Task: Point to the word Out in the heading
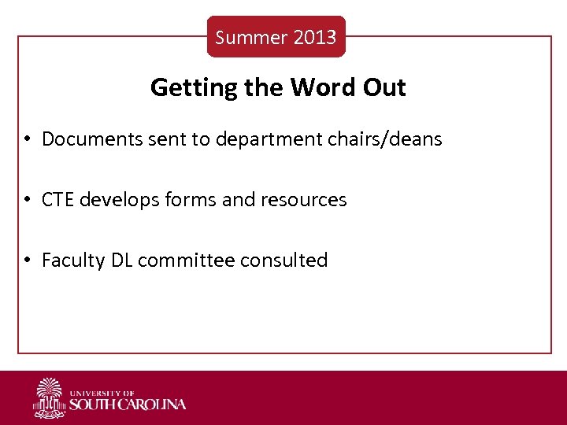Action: tap(384, 87)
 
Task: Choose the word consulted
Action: tap(291, 261)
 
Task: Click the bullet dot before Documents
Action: tap(27, 140)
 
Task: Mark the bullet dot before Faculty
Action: tap(27, 261)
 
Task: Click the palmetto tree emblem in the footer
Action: tap(50, 397)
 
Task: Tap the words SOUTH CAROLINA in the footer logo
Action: tap(128, 405)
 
